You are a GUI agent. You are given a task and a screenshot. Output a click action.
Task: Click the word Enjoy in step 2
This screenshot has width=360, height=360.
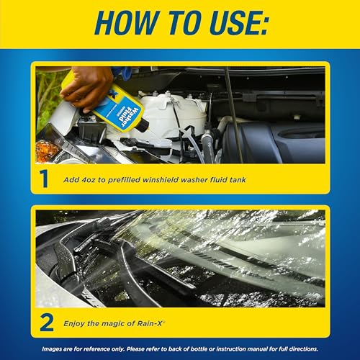pyautogui.click(x=73, y=322)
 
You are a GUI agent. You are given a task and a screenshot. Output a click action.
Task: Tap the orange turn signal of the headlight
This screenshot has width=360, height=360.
pyautogui.click(x=47, y=150)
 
